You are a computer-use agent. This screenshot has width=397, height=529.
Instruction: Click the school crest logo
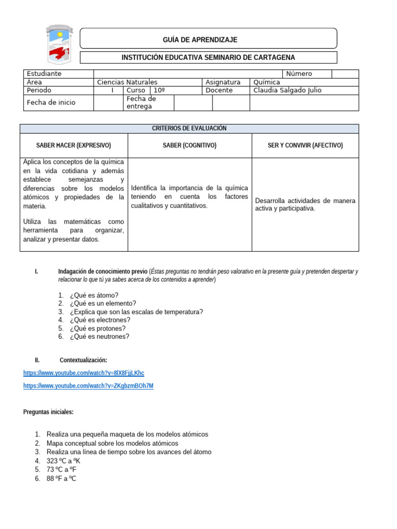(x=57, y=44)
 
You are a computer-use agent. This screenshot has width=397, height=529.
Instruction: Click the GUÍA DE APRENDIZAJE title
(x=208, y=40)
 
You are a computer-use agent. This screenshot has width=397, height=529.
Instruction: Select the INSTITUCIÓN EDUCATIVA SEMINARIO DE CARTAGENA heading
(x=208, y=57)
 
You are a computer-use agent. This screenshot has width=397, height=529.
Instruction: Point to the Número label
(x=299, y=74)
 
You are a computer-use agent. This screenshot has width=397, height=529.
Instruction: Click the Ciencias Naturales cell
(x=127, y=82)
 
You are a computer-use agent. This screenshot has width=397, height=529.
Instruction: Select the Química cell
(x=267, y=82)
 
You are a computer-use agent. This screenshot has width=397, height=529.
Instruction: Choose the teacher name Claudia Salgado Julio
(x=287, y=90)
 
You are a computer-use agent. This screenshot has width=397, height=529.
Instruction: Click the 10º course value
(x=159, y=90)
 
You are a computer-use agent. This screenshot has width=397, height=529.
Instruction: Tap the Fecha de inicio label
(x=51, y=102)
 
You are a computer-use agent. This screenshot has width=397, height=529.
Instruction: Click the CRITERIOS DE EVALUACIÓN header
(x=189, y=128)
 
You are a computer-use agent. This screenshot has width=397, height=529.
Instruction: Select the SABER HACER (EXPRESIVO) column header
(x=73, y=146)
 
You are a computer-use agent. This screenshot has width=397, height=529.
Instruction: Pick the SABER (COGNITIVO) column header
(x=189, y=146)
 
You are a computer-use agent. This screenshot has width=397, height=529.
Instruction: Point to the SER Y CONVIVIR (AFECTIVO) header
(x=305, y=146)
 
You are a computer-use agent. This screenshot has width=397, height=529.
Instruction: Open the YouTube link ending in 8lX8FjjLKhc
(x=84, y=373)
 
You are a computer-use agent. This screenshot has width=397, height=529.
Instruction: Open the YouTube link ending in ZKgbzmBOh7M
(x=88, y=386)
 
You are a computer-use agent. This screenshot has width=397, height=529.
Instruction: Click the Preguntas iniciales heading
(x=49, y=412)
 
